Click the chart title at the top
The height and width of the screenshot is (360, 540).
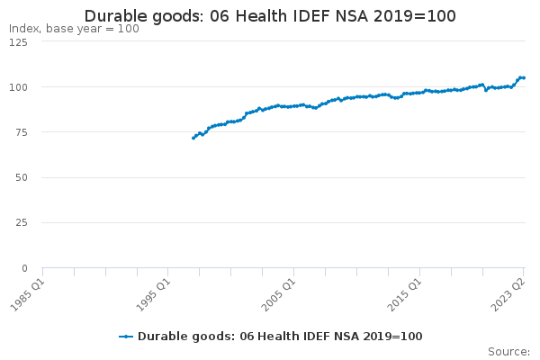click(x=270, y=16)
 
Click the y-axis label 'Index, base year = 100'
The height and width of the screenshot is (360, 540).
click(x=74, y=29)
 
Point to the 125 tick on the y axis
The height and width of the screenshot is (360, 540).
click(x=18, y=42)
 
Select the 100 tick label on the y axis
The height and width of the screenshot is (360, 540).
click(x=18, y=87)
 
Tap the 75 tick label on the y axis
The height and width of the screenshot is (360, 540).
click(x=21, y=132)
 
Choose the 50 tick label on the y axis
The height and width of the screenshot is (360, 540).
click(x=21, y=178)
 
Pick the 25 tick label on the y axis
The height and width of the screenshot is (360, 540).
click(x=21, y=223)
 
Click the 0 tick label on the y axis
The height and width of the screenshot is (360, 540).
click(x=24, y=268)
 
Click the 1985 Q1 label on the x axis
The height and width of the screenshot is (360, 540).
click(x=28, y=295)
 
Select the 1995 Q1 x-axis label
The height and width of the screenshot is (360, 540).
click(x=154, y=295)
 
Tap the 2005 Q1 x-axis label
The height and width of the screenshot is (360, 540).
click(x=279, y=295)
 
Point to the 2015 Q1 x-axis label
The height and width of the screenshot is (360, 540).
click(x=405, y=295)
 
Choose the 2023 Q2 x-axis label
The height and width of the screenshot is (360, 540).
click(x=508, y=295)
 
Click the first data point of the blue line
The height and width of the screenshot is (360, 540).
click(x=193, y=138)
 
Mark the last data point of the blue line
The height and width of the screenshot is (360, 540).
click(x=524, y=78)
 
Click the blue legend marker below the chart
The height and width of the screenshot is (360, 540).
click(x=126, y=337)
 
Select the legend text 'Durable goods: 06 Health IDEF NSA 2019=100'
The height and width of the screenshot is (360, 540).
click(x=280, y=337)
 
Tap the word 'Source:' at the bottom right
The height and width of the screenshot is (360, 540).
click(x=508, y=352)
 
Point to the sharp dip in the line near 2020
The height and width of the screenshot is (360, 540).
click(x=486, y=90)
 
